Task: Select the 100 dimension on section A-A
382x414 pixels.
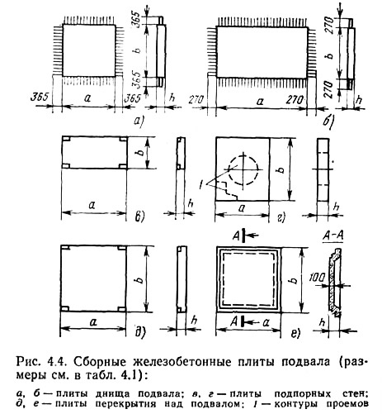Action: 317,278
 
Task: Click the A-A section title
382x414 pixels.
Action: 332,236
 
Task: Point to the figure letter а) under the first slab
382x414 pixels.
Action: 138,121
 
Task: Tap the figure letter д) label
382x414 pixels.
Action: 139,332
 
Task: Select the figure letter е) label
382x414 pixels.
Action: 295,333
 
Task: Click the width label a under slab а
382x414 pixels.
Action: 87,98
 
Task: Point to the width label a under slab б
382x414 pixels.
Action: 260,102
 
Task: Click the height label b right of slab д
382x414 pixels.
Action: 140,278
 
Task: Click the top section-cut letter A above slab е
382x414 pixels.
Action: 236,236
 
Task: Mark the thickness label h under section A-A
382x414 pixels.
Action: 323,321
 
